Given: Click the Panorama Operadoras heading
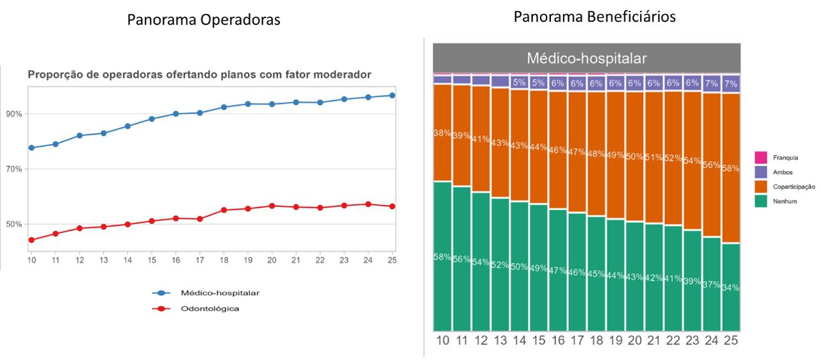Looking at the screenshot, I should pos(203,20).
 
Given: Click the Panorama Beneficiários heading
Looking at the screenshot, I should pos(594,17).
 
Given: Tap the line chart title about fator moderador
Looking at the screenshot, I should pos(199,75).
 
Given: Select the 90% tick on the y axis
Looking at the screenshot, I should pos(14,114).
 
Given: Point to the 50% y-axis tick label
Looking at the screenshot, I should pos(14,224).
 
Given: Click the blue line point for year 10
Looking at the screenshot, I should pos(31,148).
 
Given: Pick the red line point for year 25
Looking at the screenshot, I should pos(392,206).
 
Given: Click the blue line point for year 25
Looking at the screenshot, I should pos(392,95).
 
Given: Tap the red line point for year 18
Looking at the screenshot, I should pos(224,210).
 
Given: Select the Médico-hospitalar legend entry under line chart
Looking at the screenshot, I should pos(220,293).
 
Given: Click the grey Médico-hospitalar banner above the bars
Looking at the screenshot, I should pos(586,58).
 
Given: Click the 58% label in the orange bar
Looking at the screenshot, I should pos(731,168).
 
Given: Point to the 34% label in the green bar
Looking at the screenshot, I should pos(731,288).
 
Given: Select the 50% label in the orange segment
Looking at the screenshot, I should pos(635,157).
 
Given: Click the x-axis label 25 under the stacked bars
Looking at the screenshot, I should pos(731,340).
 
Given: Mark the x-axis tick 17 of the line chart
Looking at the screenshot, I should pos(199,261).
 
